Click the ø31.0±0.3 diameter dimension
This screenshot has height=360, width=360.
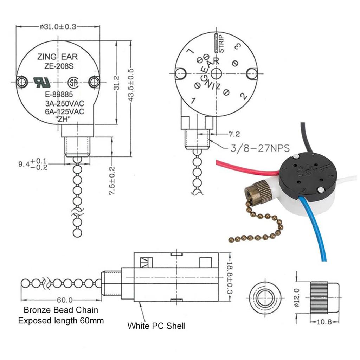point(58,27)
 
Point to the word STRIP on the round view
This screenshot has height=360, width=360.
point(221,44)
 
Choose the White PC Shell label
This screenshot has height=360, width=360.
point(156,326)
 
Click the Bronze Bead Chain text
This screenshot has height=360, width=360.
point(61,310)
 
